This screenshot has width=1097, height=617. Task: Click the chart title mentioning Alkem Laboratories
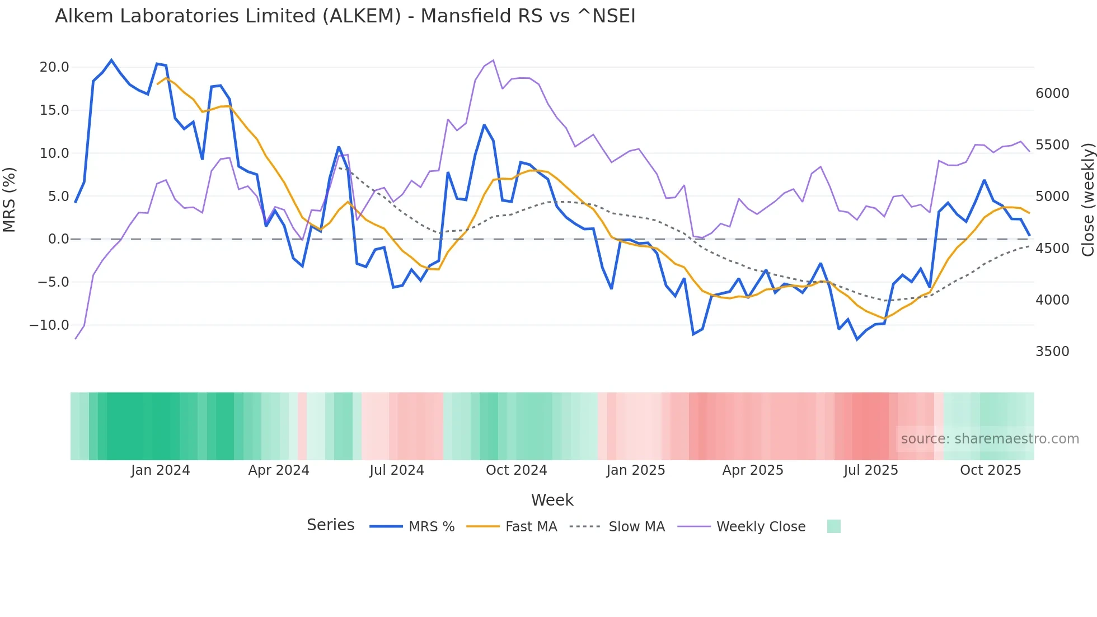(x=345, y=16)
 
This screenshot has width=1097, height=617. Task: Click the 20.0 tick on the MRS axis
(x=54, y=67)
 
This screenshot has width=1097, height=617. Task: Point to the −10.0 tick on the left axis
(x=49, y=325)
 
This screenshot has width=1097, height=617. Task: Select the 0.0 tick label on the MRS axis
(x=58, y=239)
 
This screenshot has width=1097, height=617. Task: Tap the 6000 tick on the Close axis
(x=1052, y=94)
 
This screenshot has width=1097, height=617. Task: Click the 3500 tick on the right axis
(x=1052, y=352)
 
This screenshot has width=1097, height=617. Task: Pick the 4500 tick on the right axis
(x=1052, y=249)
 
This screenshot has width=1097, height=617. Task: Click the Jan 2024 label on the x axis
(x=161, y=470)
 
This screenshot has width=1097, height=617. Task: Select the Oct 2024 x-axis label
(x=516, y=470)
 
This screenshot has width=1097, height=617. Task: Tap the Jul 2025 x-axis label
(x=871, y=470)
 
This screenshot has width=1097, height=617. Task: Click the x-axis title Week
(x=552, y=500)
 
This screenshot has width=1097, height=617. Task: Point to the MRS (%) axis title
(x=10, y=199)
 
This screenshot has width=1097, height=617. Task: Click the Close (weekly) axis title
(x=1087, y=199)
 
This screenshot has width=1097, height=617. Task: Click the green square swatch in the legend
(x=833, y=526)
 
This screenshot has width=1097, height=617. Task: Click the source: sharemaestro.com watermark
(x=990, y=439)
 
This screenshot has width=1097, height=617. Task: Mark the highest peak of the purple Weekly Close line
(x=493, y=60)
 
